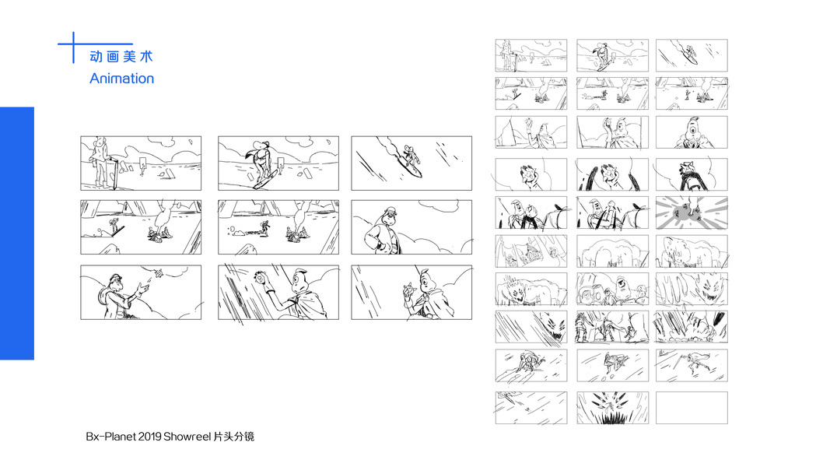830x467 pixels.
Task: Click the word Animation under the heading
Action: [122, 79]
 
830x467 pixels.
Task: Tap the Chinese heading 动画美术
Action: [121, 57]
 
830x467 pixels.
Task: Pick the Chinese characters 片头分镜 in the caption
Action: [233, 437]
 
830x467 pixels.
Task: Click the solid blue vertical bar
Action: [17, 233]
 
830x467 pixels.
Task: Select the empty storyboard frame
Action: [692, 408]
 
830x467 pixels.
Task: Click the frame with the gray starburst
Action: [692, 212]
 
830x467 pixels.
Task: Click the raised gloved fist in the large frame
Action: [261, 279]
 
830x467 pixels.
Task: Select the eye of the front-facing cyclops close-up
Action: [692, 132]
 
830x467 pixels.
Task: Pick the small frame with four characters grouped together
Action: [612, 289]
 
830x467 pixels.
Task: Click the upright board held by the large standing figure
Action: [112, 173]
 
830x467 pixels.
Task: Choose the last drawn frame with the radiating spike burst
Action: [612, 408]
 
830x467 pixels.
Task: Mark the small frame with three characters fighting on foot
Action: [612, 327]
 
